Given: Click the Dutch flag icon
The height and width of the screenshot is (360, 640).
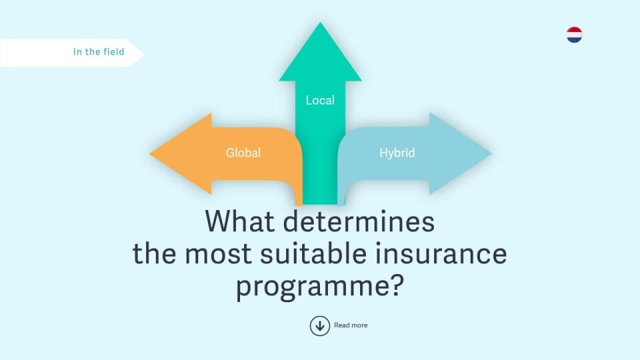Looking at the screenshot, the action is click(x=574, y=35).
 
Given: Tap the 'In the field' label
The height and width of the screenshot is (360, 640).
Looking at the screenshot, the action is click(x=99, y=52).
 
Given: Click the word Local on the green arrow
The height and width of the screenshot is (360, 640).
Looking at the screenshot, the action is click(x=320, y=100).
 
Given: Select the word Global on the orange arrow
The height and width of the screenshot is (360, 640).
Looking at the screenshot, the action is click(x=243, y=153).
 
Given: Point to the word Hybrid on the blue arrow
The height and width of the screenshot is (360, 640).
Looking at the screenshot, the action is click(x=397, y=153).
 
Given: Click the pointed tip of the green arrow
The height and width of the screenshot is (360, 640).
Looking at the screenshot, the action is click(x=320, y=23).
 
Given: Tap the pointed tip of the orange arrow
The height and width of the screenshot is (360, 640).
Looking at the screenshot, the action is click(x=150, y=154).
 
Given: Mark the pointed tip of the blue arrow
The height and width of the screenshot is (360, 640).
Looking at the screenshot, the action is click(x=491, y=153).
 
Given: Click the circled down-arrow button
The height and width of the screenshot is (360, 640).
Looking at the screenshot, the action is click(x=319, y=326).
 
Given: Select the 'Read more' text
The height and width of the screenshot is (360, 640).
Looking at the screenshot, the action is click(x=351, y=325).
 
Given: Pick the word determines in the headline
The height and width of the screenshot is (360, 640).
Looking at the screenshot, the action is click(x=359, y=221).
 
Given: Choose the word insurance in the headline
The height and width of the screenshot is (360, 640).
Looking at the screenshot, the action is click(x=441, y=253).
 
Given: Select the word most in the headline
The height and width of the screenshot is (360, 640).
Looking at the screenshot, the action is click(x=219, y=254).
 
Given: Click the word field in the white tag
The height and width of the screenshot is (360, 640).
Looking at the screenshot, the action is click(x=114, y=52).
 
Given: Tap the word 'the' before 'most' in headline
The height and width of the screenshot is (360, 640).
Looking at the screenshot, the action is click(x=155, y=253).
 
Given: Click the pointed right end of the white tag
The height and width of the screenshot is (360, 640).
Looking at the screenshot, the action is click(x=144, y=53).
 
